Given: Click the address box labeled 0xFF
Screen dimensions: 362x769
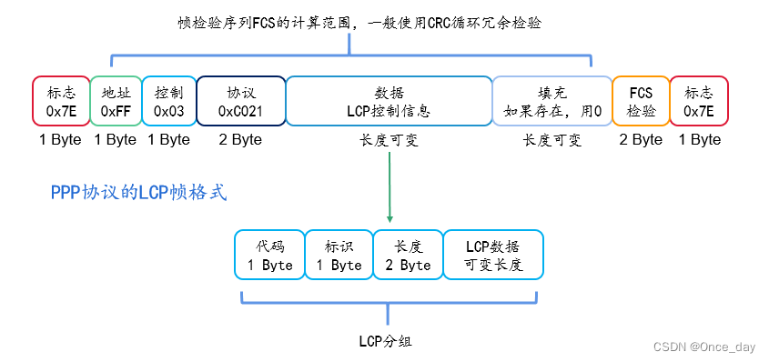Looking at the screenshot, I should (x=116, y=101).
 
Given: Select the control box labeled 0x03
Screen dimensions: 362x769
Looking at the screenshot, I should (x=168, y=101).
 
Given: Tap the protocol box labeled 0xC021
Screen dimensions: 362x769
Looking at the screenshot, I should (x=240, y=101).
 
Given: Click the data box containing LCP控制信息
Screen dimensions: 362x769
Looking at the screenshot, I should (x=389, y=101).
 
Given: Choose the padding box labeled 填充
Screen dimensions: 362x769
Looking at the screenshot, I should (x=551, y=101).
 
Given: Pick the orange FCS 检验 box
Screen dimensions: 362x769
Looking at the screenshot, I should (x=641, y=101).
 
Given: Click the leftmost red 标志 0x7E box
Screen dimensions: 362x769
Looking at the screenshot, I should (x=61, y=101).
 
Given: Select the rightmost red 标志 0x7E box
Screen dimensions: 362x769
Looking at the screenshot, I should (x=698, y=101).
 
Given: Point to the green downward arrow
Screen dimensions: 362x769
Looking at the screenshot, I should (x=390, y=186).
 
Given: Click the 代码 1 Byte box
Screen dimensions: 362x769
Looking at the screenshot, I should (x=269, y=256).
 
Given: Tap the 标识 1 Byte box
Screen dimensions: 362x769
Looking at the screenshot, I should (x=339, y=256).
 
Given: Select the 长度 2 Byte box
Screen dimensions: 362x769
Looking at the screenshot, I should (x=408, y=256).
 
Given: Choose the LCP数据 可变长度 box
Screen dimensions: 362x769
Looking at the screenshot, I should (x=492, y=256).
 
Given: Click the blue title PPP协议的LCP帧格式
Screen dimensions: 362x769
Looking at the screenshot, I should (x=138, y=193).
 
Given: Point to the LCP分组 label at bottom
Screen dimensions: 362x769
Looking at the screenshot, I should (x=389, y=340).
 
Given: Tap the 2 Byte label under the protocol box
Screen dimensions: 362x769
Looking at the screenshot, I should (x=240, y=140).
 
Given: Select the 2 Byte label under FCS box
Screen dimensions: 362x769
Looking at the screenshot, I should (x=641, y=140).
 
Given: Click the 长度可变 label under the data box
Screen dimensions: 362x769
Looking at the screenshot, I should (x=389, y=140).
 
